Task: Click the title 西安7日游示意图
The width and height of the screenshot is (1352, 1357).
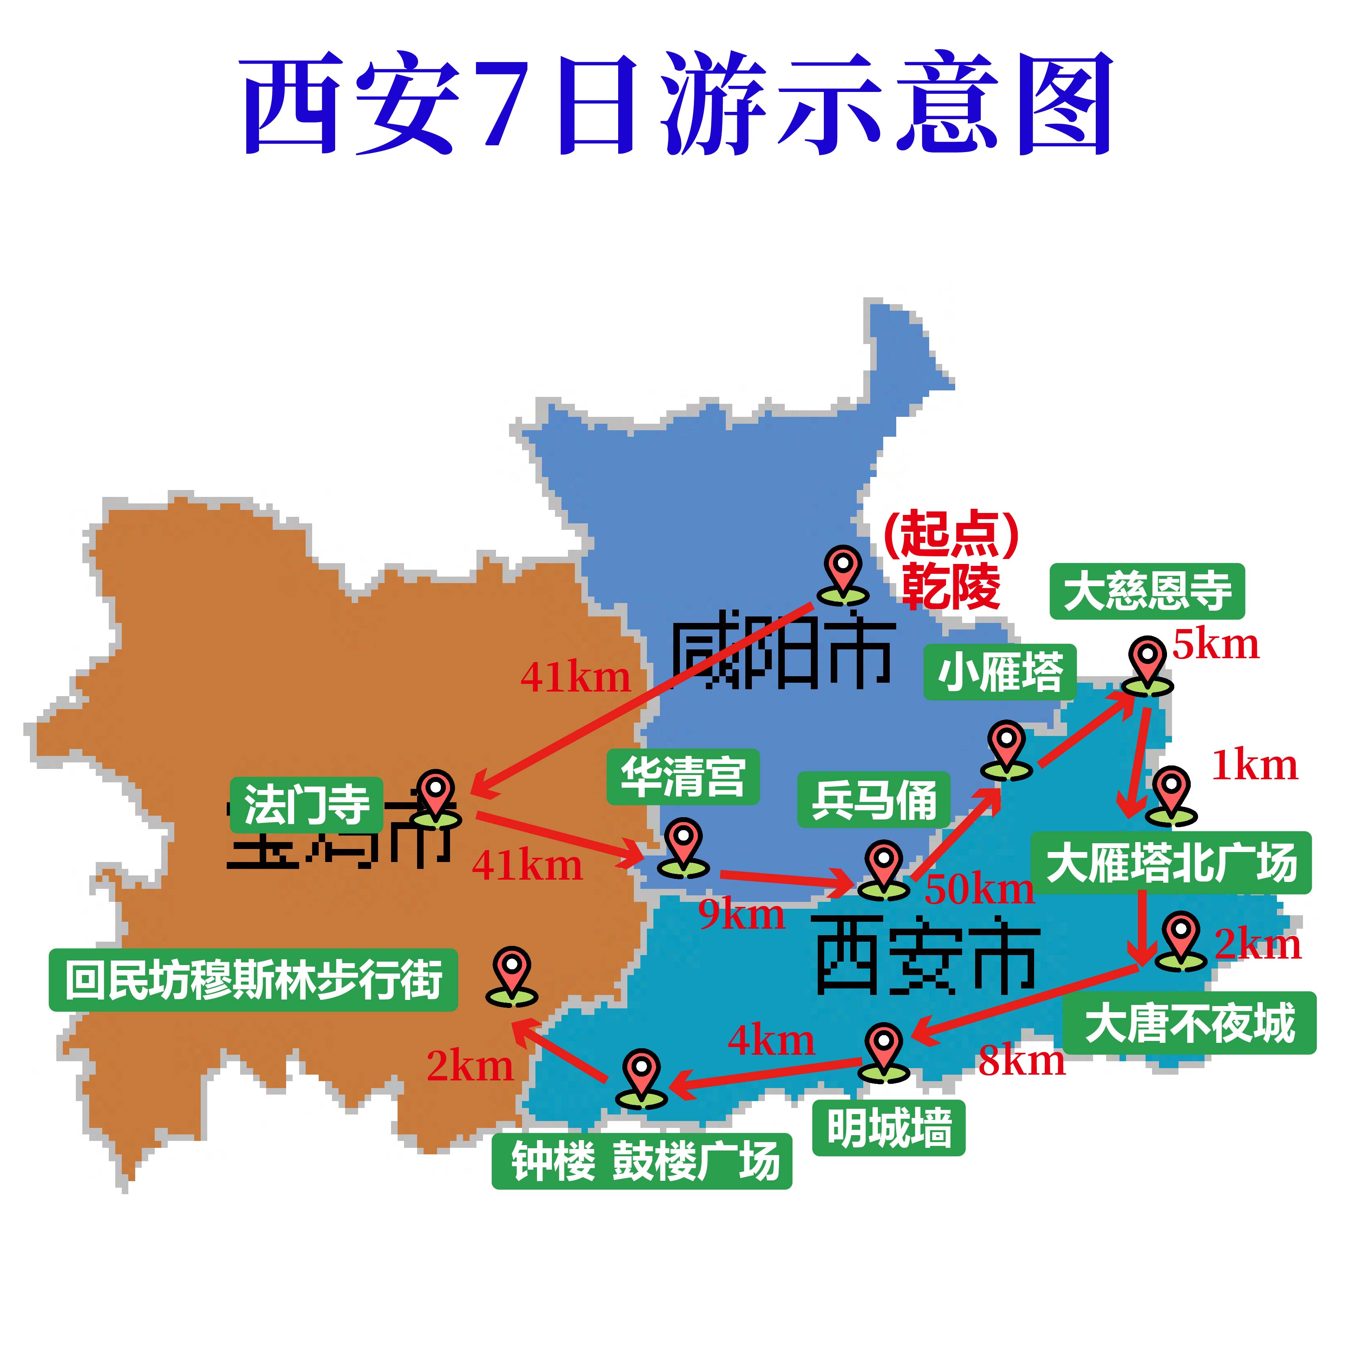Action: click(676, 104)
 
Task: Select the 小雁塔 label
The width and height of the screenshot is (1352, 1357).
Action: click(999, 672)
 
